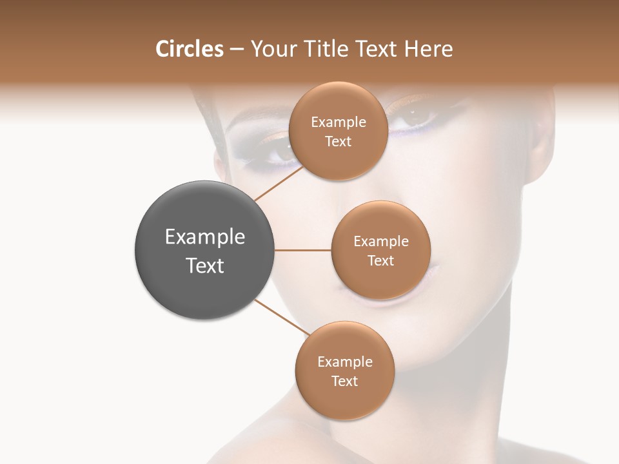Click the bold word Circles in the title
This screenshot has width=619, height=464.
[189, 49]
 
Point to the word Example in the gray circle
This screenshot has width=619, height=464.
[205, 237]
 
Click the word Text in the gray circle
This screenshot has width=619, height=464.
[205, 266]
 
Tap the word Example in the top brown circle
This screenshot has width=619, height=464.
[339, 122]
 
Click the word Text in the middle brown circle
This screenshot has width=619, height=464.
[380, 261]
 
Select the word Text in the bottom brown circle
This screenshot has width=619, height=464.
[344, 382]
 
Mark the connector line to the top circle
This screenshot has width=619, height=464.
[279, 184]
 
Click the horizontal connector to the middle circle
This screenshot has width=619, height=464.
[303, 250]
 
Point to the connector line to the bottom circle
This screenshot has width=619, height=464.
[281, 318]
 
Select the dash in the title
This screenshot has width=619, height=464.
[237, 50]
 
